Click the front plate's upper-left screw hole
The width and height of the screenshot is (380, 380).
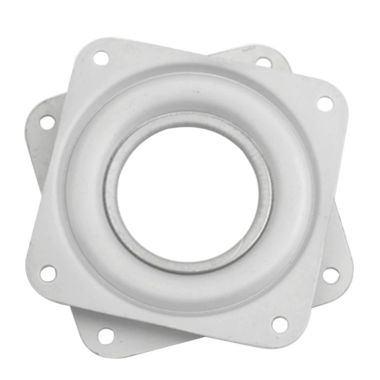[x=101, y=58]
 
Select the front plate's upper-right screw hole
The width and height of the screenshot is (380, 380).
[x=325, y=103]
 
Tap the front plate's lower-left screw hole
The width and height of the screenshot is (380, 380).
[x=48, y=273]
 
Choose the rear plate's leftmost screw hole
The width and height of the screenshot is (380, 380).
[x=47, y=122]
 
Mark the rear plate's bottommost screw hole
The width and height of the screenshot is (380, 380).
[x=106, y=336]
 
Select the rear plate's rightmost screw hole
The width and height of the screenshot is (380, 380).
[x=331, y=275]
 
